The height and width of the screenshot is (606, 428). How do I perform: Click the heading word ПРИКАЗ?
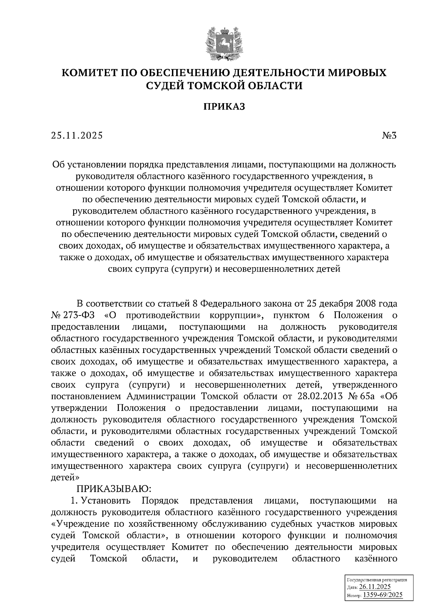coord(224,107)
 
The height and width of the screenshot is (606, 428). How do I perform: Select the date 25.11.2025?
coord(77,136)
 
